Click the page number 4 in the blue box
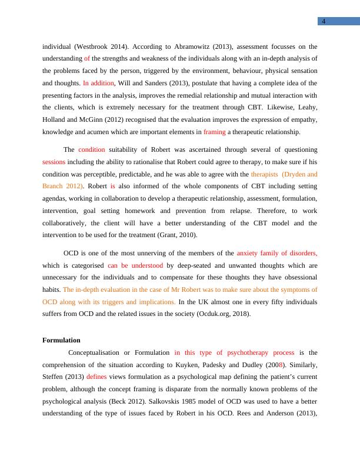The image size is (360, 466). (x=324, y=22)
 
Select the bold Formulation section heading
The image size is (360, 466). (x=62, y=340)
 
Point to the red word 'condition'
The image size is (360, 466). (x=92, y=149)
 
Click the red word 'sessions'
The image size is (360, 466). (x=54, y=162)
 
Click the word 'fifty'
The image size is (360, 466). (x=244, y=302)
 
